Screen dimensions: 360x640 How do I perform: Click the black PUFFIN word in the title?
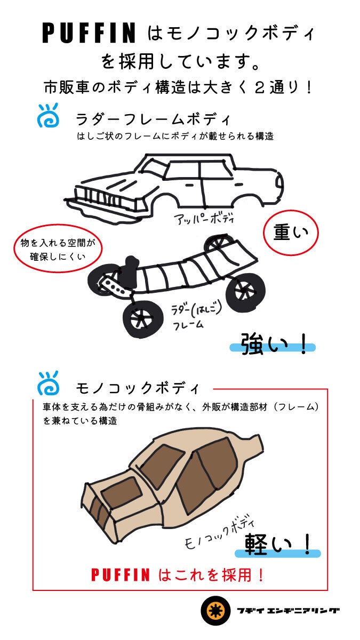tap(89, 33)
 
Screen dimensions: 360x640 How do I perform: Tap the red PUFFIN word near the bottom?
tap(121, 574)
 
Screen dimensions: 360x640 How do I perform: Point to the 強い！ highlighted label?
tap(273, 345)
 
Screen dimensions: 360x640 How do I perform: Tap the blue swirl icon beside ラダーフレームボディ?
tap(48, 115)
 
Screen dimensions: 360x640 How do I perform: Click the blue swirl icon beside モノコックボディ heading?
tap(48, 383)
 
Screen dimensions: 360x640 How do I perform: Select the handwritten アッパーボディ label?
tap(204, 219)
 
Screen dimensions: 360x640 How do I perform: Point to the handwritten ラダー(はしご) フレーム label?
tap(196, 317)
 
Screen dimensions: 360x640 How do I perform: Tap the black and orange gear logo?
tap(215, 611)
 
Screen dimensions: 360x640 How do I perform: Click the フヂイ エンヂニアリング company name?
tap(288, 611)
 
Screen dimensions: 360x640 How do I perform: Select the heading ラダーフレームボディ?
tap(153, 119)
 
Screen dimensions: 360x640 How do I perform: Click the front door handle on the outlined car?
tap(189, 186)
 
